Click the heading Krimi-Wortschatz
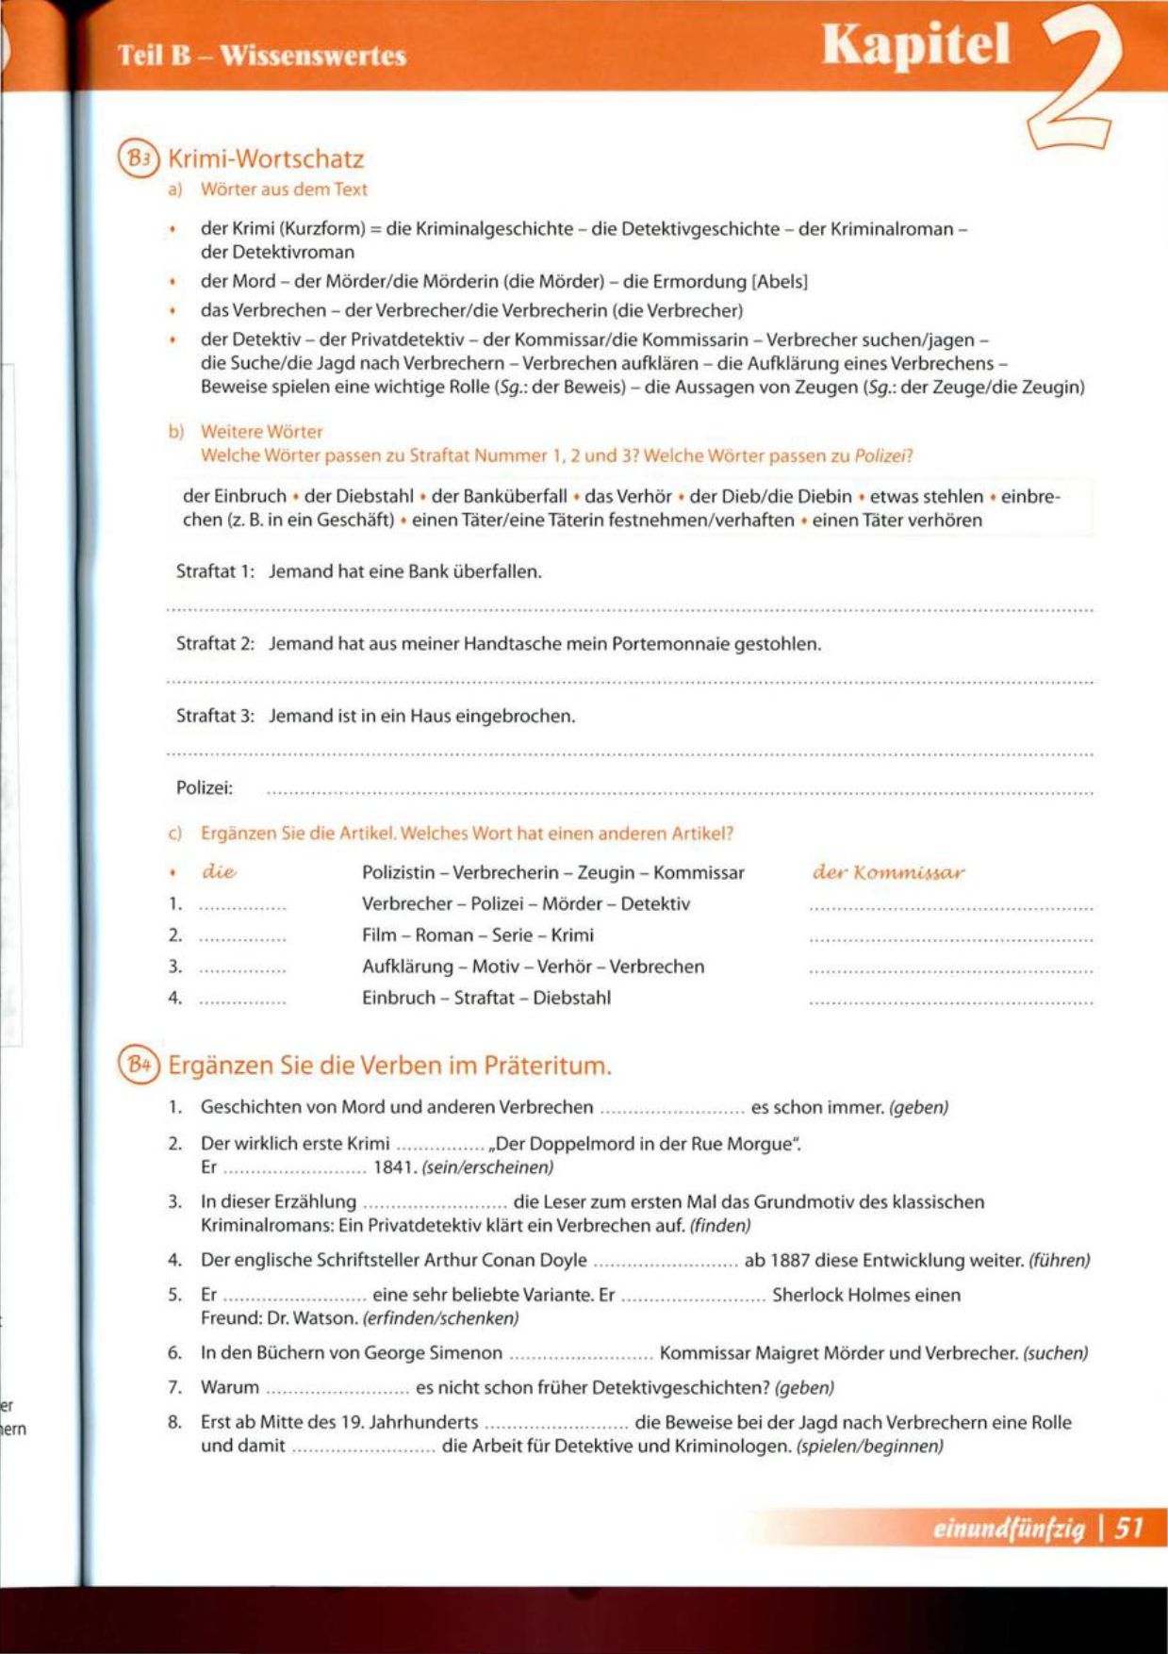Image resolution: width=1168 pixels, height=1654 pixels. pos(265,158)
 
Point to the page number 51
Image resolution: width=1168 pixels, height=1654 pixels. pos(1128,1527)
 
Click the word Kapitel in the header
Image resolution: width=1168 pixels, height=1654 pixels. pos(915,45)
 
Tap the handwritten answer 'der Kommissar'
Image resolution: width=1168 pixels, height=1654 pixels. pos(888,872)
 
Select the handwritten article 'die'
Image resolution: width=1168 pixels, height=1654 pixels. pos(219,872)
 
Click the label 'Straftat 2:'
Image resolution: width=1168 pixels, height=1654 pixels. pos(215,644)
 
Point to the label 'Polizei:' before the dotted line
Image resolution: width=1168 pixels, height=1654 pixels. pos(205,787)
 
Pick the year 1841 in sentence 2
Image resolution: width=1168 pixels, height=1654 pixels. pos(395,1167)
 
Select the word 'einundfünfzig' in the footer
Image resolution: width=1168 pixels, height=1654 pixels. pos(1009,1528)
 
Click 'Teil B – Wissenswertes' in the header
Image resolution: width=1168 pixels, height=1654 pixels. pos(262,55)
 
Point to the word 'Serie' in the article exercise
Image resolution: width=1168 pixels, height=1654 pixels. pos(515,935)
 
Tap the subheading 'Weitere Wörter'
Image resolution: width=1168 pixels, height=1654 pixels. pos(261,432)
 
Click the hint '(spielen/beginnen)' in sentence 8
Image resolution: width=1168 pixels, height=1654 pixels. pos(869,1446)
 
